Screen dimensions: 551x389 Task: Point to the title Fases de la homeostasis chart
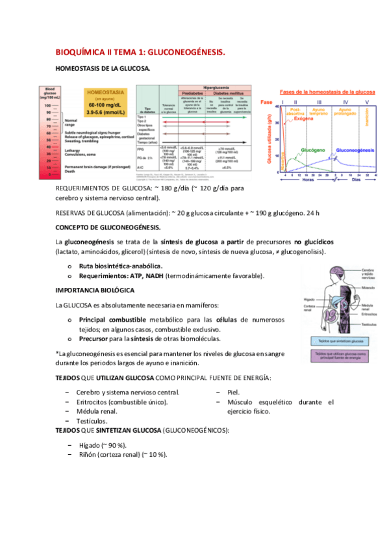pos(319,93)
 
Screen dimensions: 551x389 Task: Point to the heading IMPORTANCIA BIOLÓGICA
pos(95,289)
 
